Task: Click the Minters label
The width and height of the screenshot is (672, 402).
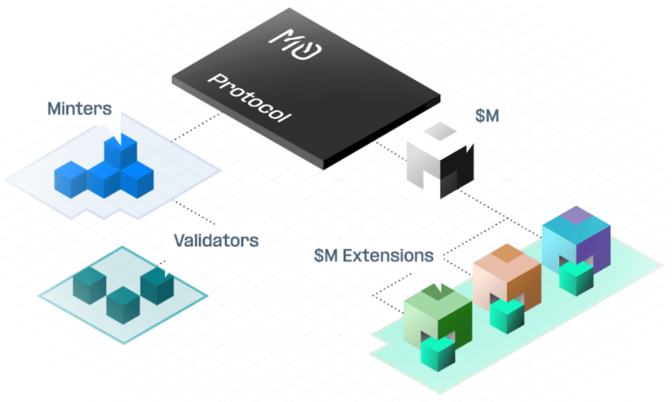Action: point(79,109)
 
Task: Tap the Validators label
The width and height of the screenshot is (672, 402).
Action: point(215,240)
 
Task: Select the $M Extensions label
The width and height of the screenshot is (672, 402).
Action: point(373,255)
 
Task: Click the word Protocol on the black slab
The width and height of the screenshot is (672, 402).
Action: point(249,98)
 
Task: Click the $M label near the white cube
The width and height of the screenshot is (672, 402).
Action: point(487,116)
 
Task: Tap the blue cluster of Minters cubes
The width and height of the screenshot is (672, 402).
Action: point(106,172)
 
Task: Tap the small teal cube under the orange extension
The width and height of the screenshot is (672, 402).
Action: point(506,316)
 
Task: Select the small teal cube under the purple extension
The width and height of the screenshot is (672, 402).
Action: point(575,278)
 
